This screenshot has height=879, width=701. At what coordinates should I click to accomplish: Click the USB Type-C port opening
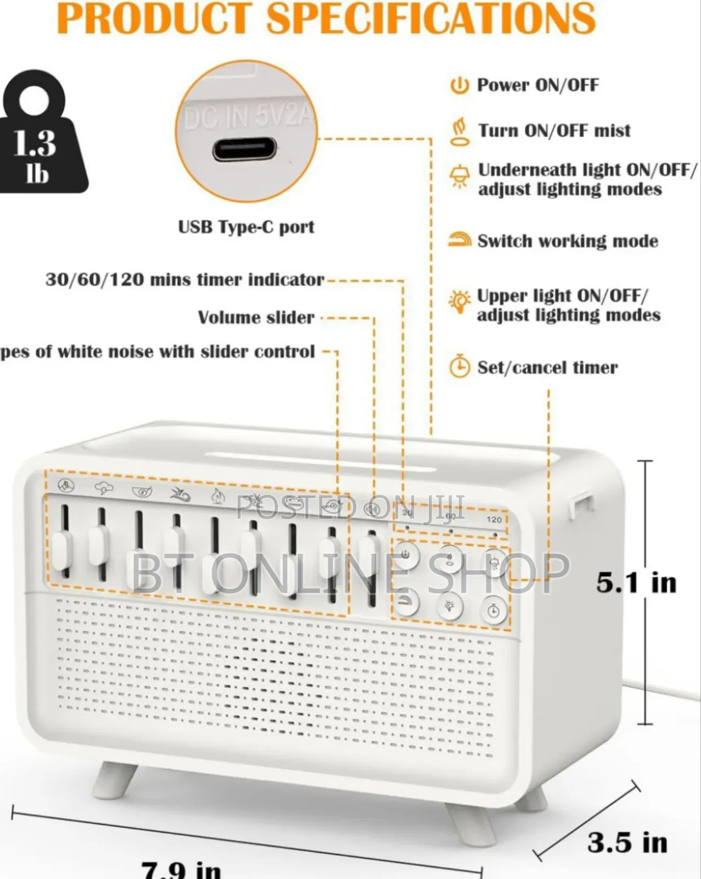pos(245,149)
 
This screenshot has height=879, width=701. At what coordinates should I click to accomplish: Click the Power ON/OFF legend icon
pos(459,86)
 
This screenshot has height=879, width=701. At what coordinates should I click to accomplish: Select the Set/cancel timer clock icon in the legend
pos(460,367)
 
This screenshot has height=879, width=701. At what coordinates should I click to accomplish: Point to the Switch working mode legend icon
pos(460,240)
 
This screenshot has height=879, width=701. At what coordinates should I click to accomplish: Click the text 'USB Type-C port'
pos(246,227)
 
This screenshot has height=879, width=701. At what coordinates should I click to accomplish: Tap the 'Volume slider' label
pos(256,318)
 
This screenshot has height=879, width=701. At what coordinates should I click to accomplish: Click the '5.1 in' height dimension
pos(636,582)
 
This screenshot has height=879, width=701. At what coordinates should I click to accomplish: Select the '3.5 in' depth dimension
pos(627,842)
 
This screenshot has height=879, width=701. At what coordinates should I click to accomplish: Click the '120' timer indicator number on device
pos(494,520)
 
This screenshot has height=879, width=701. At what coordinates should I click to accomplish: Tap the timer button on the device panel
pos(493,610)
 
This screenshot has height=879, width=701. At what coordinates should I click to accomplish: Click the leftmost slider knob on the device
pos(62,549)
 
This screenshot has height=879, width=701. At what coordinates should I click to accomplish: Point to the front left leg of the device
pos(114,779)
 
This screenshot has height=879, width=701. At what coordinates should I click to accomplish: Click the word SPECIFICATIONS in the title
pos(431,18)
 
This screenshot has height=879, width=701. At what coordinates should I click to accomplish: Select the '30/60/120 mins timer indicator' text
pos(184,280)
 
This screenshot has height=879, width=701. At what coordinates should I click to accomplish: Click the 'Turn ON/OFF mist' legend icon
pos(459,131)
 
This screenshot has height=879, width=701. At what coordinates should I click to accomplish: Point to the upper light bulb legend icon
pos(459,301)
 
